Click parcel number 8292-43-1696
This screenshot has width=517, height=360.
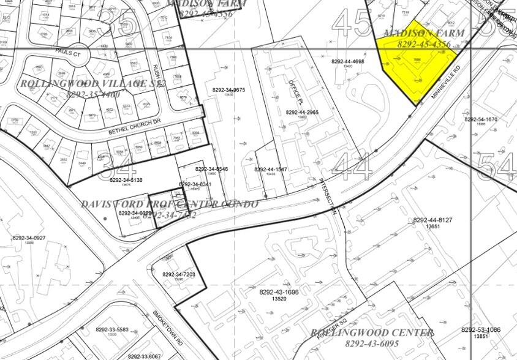(x=279, y=292)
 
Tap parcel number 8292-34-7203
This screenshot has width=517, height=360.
(x=179, y=274)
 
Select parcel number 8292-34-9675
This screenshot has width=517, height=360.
(x=228, y=90)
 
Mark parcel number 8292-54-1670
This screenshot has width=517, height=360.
(x=480, y=119)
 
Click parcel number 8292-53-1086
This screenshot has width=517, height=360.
(x=484, y=330)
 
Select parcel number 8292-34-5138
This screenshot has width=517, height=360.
(x=126, y=180)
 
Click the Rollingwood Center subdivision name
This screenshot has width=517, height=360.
(x=372, y=332)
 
